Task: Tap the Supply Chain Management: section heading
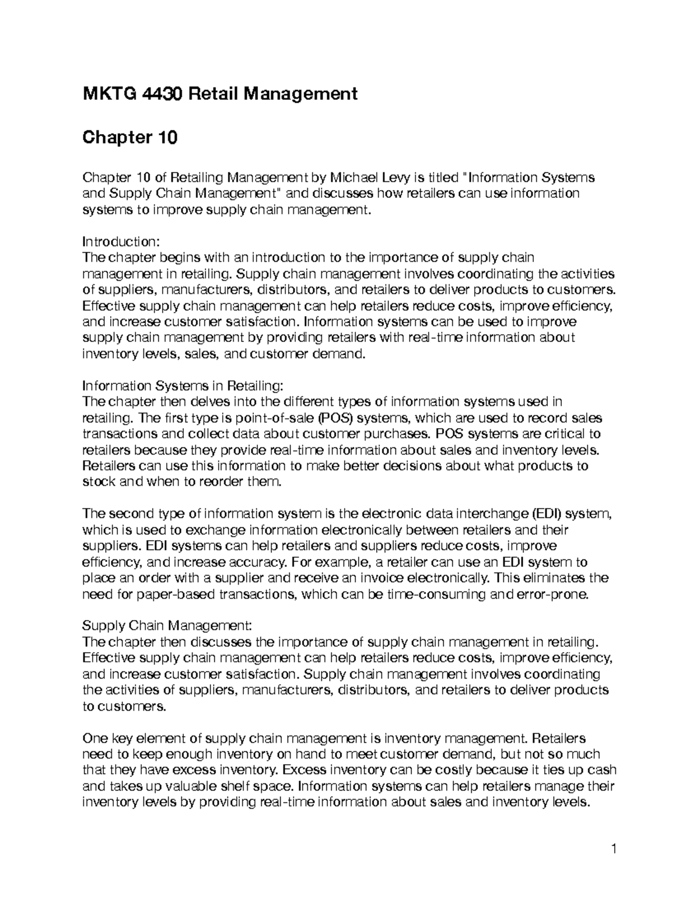[167, 626]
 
